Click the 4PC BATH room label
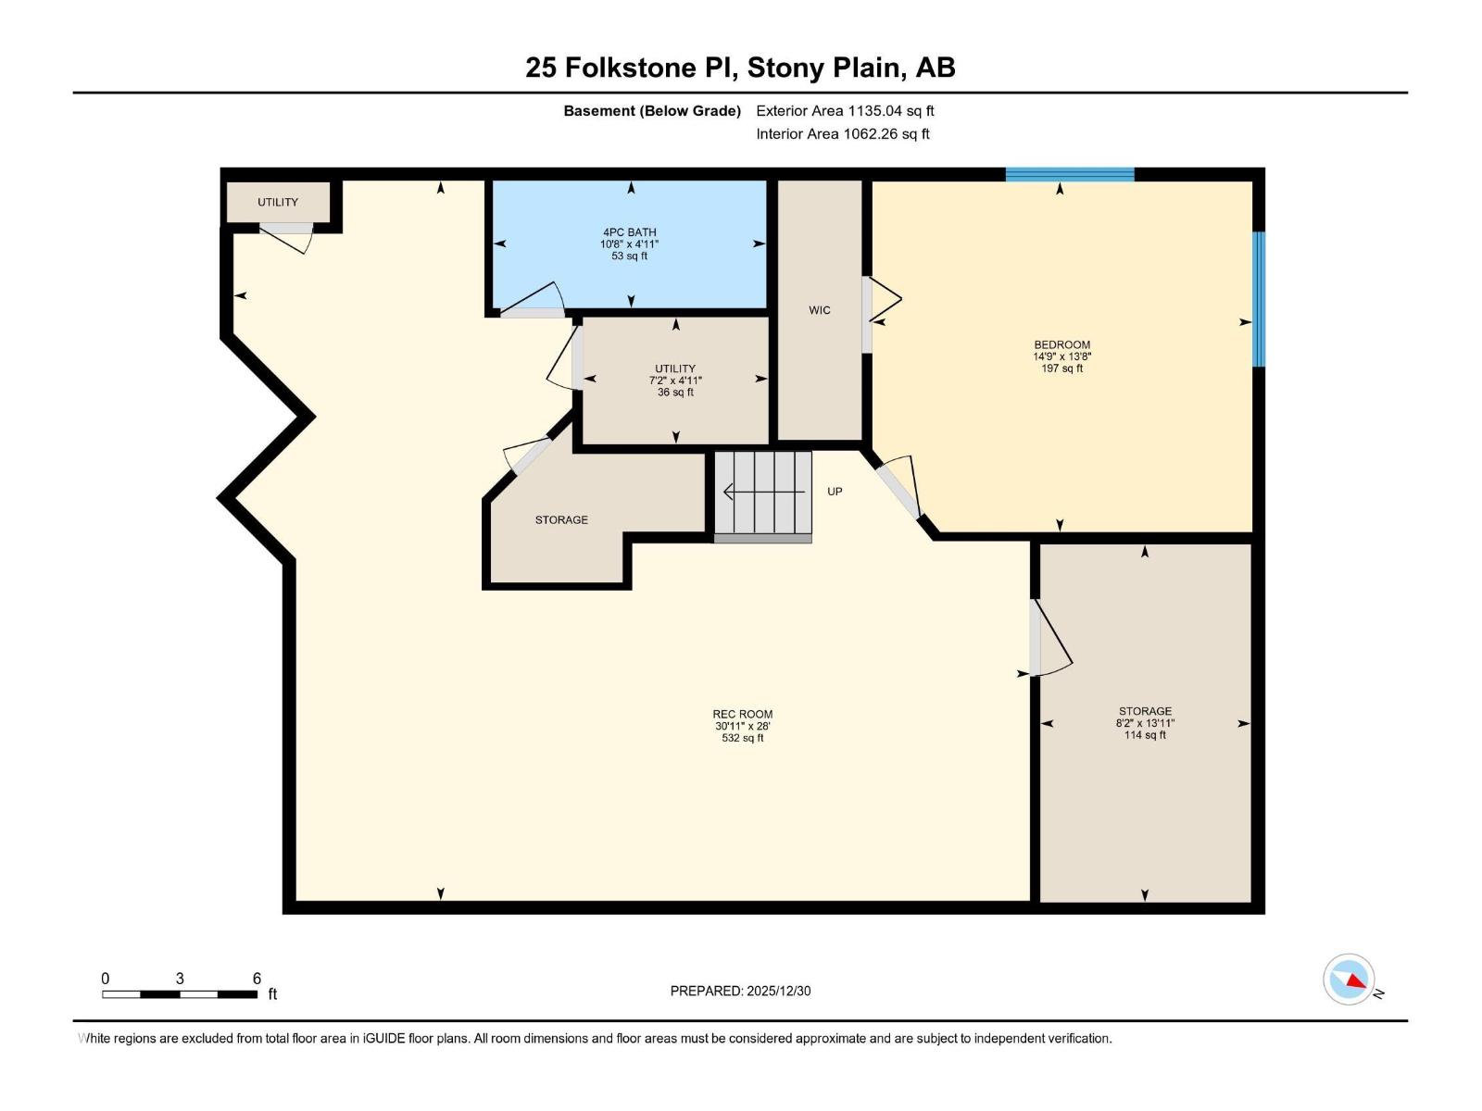tap(629, 232)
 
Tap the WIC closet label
tap(820, 310)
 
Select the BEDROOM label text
tap(1061, 344)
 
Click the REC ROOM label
tap(742, 714)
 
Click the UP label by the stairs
tap(835, 492)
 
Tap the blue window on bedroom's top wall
tap(1070, 174)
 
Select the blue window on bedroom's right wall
tap(1259, 298)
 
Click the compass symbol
tap(1350, 980)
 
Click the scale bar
tap(180, 994)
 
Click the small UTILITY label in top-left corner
tap(278, 202)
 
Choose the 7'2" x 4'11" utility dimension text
tap(675, 381)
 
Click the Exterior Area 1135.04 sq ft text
tap(845, 110)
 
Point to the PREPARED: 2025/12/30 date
tap(740, 991)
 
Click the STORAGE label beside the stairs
tap(561, 519)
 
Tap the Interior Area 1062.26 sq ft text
tap(842, 133)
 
